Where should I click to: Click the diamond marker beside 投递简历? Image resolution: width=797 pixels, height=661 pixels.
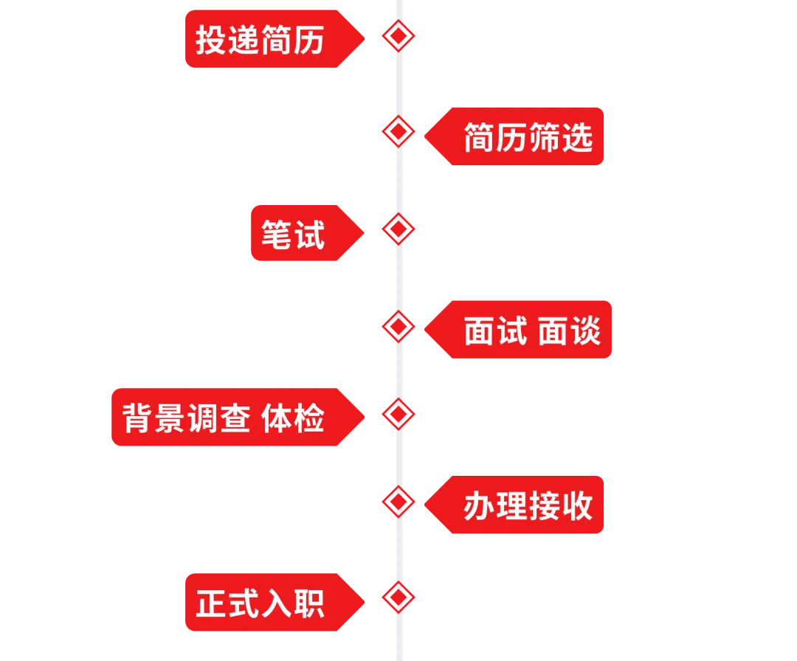tap(398, 35)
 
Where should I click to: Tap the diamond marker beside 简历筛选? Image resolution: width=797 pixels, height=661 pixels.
tap(398, 131)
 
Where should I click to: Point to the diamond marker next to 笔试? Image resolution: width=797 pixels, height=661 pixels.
tap(398, 229)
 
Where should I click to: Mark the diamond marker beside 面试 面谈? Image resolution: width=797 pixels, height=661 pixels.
tap(398, 325)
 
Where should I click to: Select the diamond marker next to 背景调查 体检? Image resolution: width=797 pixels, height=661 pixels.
tap(398, 413)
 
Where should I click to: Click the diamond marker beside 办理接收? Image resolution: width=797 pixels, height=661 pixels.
tap(398, 501)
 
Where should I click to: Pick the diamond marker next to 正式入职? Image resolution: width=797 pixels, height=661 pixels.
tap(398, 597)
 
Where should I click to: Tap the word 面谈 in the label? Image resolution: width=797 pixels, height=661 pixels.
tap(569, 330)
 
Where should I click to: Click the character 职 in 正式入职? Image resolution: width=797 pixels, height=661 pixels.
tap(310, 603)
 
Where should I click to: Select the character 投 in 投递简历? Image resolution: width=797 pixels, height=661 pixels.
tap(210, 40)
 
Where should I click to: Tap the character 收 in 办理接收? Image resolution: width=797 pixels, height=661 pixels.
tap(577, 506)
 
